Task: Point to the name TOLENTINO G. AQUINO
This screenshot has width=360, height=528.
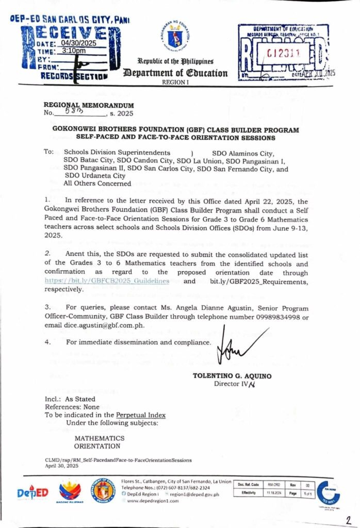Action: (x=232, y=376)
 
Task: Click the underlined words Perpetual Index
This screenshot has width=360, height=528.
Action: (x=141, y=415)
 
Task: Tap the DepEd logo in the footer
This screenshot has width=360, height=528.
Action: (x=32, y=493)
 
